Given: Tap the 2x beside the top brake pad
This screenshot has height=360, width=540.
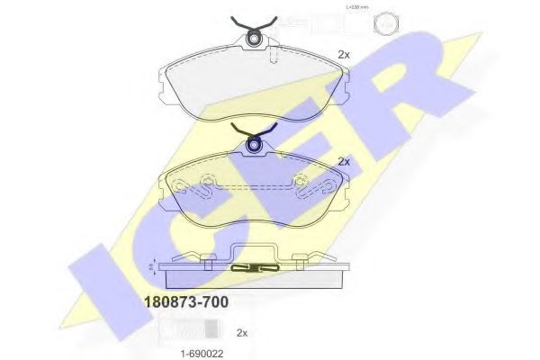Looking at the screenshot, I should coord(343,55).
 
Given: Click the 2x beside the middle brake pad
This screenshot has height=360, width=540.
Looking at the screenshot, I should coord(343,162).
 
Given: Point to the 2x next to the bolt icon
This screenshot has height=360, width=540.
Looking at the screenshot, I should coord(241,332).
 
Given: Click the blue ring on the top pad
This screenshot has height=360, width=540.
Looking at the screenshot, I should coord(255,37).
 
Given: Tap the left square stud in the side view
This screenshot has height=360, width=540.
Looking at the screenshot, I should coord(209,262).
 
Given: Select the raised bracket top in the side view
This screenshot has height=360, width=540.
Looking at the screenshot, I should coord(256,247).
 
